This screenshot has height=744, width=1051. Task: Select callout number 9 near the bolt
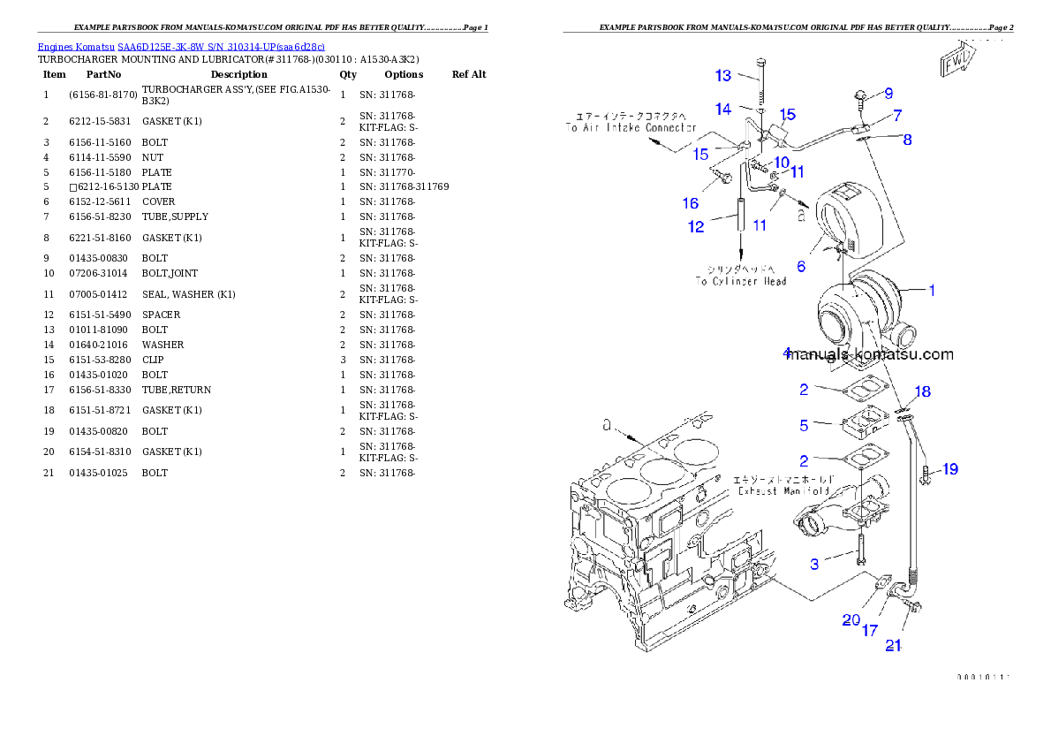point(888,93)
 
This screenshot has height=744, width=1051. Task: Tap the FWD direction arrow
point(958,61)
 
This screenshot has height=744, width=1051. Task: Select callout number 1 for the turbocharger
point(931,289)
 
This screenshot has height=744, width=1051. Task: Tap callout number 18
point(922,391)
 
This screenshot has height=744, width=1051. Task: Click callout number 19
point(949,469)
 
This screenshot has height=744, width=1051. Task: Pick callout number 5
point(804,426)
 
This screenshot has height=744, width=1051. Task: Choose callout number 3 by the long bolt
point(814,563)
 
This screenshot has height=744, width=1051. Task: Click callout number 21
point(894,646)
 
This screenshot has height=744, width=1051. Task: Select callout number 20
point(851,620)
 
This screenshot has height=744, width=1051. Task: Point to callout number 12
point(696,227)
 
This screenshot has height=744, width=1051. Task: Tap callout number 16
point(691,203)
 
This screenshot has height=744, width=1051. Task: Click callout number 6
point(801,266)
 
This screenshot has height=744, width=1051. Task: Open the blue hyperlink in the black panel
point(181,46)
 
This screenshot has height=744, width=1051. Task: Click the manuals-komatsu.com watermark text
point(869,355)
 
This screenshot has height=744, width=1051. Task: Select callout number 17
point(870,631)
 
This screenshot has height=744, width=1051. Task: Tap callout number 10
point(781,163)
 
